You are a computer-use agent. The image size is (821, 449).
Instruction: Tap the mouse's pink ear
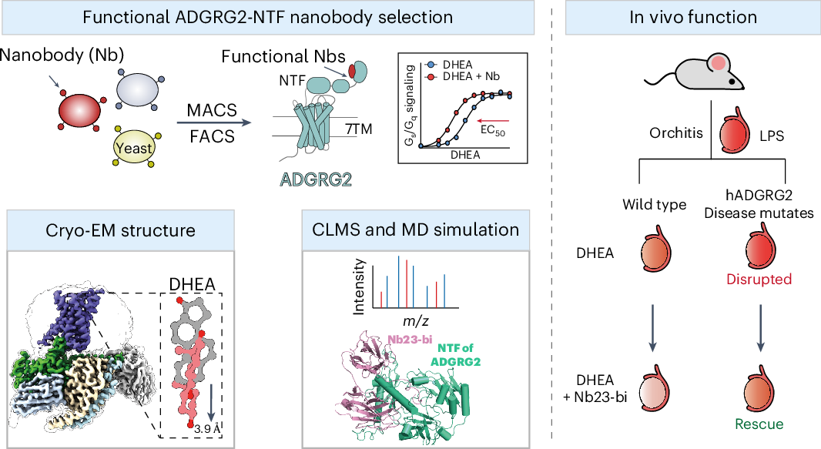[718, 62]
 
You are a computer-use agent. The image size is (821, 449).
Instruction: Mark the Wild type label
[655, 206]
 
